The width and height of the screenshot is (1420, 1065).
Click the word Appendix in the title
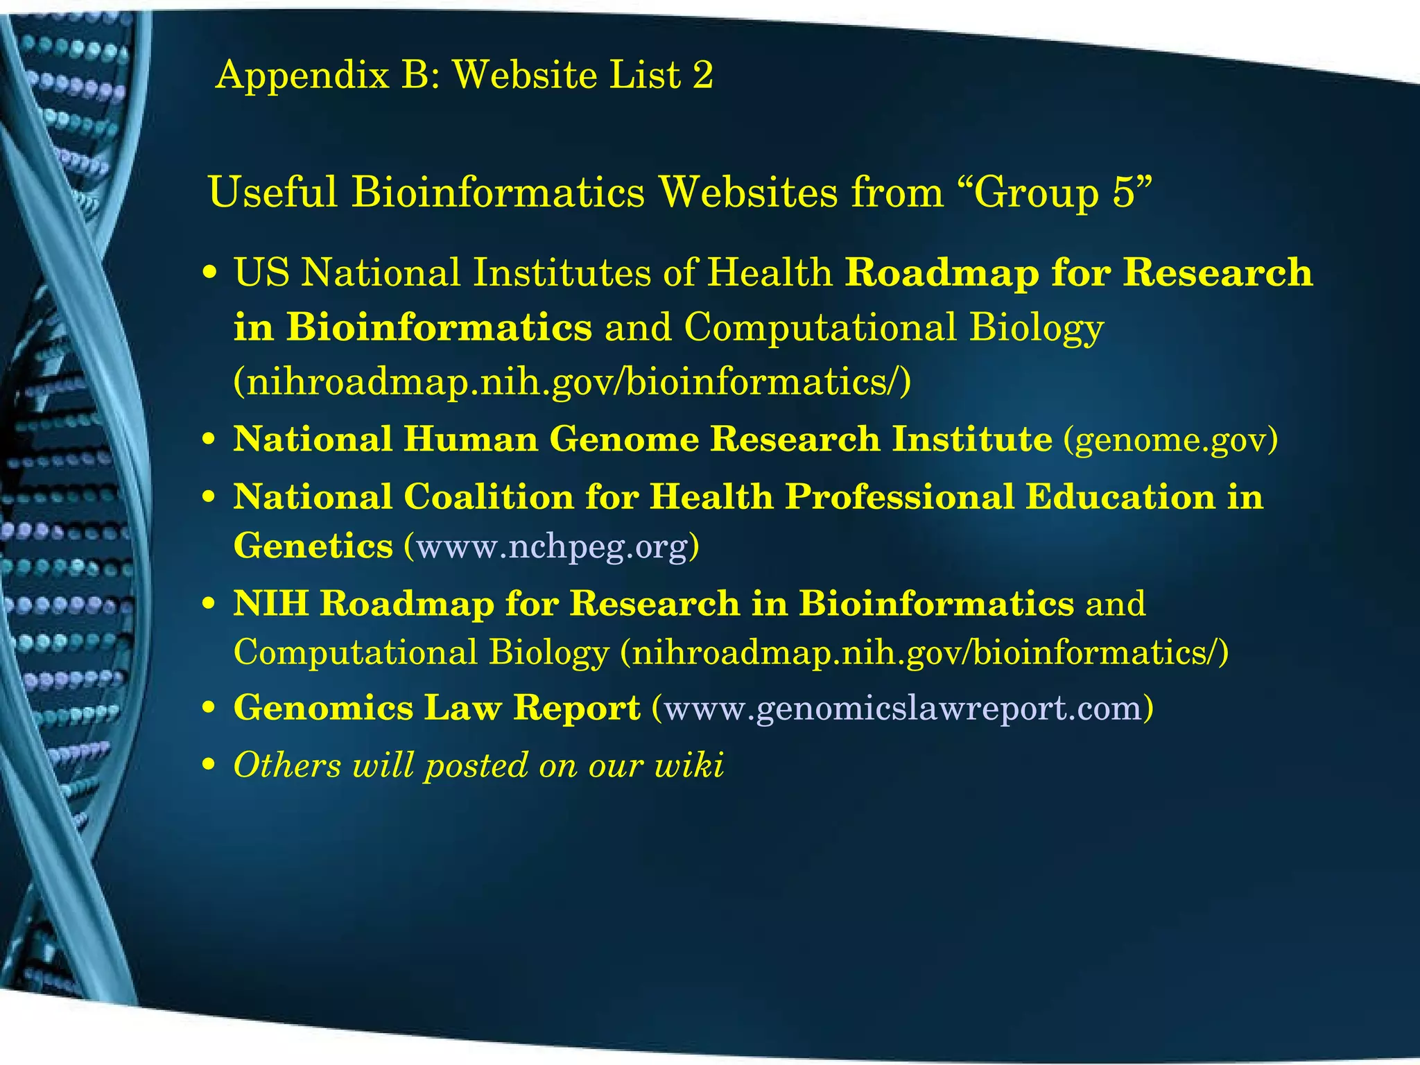click(x=302, y=75)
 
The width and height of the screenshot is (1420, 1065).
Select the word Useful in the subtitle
click(x=272, y=192)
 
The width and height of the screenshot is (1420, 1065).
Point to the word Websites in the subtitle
click(x=747, y=192)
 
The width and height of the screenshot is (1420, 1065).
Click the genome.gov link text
click(x=1170, y=440)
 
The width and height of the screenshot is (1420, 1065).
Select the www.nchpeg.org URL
click(x=552, y=546)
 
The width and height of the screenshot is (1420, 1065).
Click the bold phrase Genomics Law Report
click(x=437, y=708)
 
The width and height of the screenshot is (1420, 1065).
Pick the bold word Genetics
click(x=313, y=546)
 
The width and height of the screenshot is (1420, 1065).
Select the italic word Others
click(x=287, y=765)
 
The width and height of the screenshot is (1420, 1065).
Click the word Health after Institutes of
click(x=770, y=272)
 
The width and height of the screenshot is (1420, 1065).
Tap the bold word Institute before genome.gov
click(x=972, y=440)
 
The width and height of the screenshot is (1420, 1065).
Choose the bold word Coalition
click(x=488, y=497)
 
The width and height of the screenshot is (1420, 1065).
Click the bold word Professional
click(x=899, y=497)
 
